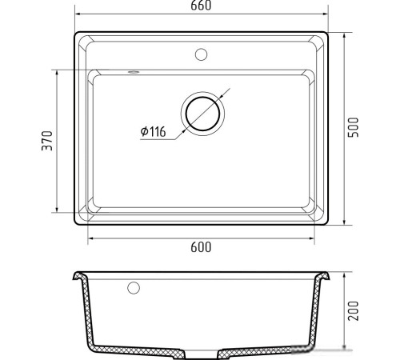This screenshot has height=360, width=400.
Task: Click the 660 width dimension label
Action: [201, 6]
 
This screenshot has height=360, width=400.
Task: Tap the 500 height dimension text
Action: [354, 127]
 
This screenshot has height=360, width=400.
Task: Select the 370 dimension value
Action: [47, 141]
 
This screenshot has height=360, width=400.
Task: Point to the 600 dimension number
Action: [201, 247]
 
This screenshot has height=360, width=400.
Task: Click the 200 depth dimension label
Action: [354, 310]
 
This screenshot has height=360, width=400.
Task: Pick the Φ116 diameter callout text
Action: [153, 131]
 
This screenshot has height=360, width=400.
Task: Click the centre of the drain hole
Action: [202, 114]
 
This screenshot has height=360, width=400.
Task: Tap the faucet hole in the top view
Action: [201, 54]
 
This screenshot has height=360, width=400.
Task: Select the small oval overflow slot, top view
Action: [134, 72]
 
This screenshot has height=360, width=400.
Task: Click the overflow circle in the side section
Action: [134, 288]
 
